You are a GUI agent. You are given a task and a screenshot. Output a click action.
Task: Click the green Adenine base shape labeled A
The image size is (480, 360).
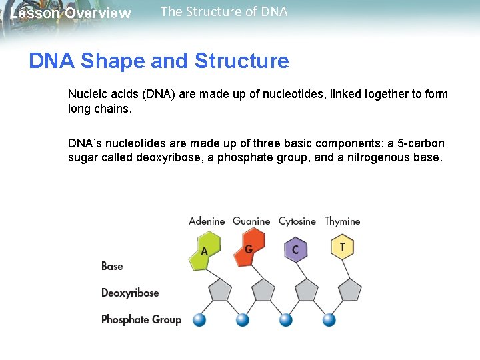(205, 251)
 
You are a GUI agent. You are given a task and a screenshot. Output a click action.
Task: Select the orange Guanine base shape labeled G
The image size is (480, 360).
(250, 247)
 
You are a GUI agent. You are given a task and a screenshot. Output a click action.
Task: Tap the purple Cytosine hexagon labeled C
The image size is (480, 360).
(295, 250)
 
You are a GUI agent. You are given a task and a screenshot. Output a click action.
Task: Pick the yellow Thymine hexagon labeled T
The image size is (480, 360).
(342, 247)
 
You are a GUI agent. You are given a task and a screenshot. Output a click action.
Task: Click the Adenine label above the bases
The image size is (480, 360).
(207, 221)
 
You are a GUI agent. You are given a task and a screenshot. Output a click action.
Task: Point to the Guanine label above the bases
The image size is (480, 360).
(251, 221)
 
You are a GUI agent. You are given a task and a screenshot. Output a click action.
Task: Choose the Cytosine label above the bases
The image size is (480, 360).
(297, 221)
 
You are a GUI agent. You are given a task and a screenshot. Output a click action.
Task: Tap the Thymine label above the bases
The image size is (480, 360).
(342, 221)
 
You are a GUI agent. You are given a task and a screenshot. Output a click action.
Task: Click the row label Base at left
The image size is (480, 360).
(112, 266)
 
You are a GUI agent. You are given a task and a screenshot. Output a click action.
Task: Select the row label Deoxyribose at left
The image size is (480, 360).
(130, 293)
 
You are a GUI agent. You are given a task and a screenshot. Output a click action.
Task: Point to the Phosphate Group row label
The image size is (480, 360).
(141, 319)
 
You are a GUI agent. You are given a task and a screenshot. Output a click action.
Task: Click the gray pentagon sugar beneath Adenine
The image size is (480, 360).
(220, 291)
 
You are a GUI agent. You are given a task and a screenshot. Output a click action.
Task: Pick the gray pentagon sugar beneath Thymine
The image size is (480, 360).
(350, 291)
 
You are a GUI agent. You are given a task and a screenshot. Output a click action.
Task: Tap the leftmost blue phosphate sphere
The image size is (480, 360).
(199, 320)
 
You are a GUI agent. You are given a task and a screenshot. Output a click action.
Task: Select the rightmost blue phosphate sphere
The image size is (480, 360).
(329, 320)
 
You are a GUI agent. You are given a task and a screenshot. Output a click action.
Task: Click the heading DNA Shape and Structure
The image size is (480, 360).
(159, 61)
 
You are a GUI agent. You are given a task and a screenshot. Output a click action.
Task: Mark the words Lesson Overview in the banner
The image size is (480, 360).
(71, 13)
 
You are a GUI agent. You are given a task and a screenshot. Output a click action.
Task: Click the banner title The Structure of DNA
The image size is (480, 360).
(224, 11)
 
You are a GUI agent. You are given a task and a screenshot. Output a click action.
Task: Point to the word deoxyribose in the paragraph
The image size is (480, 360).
(164, 157)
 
